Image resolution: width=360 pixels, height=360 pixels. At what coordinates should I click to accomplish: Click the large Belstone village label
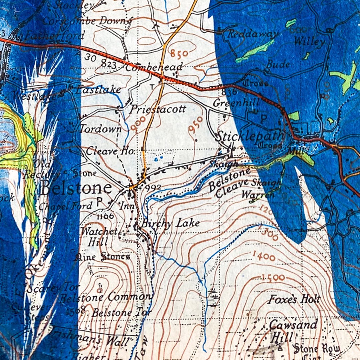(x=76, y=188)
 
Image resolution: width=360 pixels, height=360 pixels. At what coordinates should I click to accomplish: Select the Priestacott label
(x=157, y=109)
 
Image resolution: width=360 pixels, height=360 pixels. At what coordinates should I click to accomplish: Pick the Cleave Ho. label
(x=110, y=151)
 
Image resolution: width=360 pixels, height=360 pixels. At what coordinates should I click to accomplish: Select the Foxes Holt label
(x=295, y=299)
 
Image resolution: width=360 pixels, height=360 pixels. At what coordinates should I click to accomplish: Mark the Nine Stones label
(x=102, y=257)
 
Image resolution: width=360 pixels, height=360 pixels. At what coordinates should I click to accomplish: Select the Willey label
(x=309, y=42)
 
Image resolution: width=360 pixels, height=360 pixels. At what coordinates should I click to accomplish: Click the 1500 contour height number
(x=273, y=278)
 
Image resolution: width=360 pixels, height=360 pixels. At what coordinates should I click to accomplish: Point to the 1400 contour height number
(x=263, y=256)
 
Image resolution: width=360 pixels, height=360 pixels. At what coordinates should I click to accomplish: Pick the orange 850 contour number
(x=179, y=53)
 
